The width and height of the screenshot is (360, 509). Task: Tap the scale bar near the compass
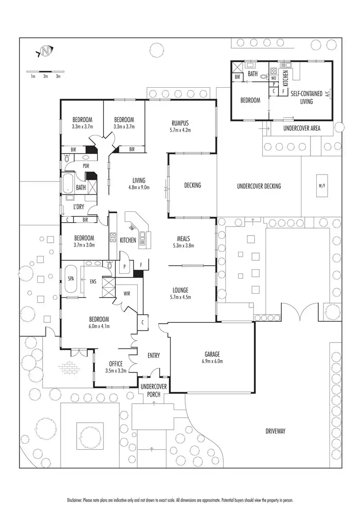[45, 71]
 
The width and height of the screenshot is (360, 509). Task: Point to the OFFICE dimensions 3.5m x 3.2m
[115, 371]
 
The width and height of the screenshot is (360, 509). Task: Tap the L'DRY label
[79, 207]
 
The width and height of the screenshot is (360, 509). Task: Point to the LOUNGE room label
[180, 290]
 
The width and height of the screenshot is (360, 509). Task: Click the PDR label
[86, 165]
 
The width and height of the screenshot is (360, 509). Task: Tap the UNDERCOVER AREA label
[301, 128]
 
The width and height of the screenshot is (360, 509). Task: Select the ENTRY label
[153, 355]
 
